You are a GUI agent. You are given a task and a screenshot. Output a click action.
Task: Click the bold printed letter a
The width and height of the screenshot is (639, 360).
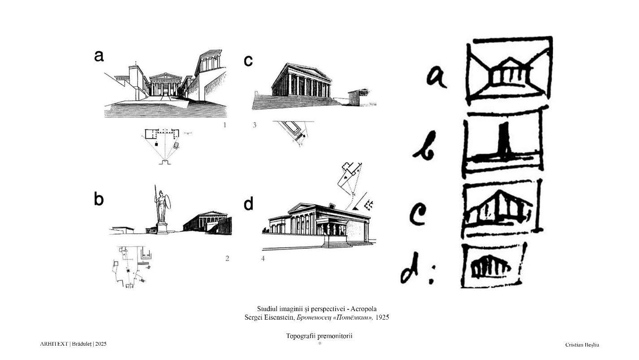(x=99, y=56)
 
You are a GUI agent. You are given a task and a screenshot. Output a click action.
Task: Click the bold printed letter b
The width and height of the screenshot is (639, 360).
(x=99, y=199)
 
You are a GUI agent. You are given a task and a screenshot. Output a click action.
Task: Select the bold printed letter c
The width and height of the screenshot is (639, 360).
(x=248, y=61)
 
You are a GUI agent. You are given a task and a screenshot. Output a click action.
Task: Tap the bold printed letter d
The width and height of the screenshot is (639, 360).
(x=248, y=203)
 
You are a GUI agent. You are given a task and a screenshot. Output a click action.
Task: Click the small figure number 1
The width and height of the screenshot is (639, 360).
(x=225, y=125)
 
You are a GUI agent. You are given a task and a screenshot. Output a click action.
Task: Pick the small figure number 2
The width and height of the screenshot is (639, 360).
(x=227, y=258)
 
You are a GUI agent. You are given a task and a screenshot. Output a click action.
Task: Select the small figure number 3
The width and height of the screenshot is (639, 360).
(x=255, y=125)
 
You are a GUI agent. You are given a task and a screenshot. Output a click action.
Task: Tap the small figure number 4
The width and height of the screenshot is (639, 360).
(x=263, y=258)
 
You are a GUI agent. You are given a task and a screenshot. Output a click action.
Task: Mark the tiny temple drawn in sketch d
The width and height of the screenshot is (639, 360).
(x=491, y=269)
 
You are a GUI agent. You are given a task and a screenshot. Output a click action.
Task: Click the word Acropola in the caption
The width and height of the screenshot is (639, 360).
(x=363, y=309)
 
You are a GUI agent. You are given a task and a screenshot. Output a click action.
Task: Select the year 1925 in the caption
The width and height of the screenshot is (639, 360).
(x=382, y=317)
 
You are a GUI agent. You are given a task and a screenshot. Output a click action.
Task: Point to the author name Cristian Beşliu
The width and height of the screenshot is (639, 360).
(x=582, y=345)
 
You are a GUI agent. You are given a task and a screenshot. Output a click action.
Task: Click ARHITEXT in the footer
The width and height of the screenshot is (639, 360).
(x=54, y=344)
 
